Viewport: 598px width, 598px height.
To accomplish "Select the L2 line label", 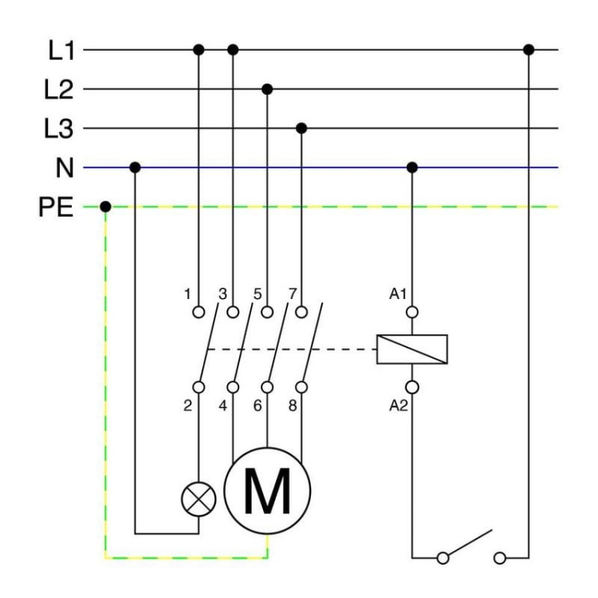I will coord(57,90).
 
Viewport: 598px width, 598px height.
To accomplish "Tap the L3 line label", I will coord(57,129).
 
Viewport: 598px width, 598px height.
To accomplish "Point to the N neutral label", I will coord(64,168).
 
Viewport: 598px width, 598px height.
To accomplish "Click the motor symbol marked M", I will coord(267,490).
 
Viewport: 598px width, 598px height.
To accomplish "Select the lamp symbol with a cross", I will coord(199,499).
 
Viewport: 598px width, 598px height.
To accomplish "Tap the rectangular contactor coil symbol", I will coord(412,349).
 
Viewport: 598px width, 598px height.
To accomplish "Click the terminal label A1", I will coord(398,295).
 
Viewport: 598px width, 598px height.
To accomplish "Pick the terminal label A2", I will coord(398,404).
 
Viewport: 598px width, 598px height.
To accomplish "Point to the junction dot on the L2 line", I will coord(267,89).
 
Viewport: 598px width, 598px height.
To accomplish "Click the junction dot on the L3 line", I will coord(301,128).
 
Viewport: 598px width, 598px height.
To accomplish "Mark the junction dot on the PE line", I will coord(106,207).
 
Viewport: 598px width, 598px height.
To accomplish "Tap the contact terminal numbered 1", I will coord(199,312).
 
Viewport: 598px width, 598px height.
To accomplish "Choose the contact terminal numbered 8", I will coord(301,387).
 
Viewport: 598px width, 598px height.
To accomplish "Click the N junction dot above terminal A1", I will coord(412,167).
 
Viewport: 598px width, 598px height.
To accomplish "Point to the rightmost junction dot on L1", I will coord(528,50).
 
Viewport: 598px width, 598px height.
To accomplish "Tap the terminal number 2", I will coord(188,404).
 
